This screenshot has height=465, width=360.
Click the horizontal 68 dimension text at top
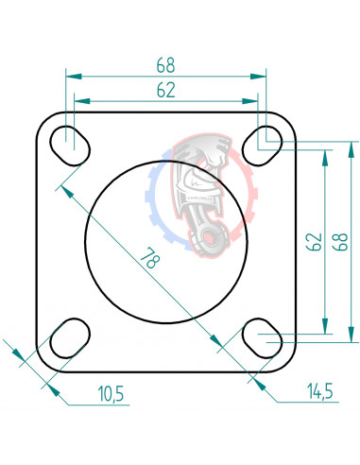click(165, 65)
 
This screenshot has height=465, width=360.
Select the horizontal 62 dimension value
click(165, 90)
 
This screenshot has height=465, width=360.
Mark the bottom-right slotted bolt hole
click(260, 338)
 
